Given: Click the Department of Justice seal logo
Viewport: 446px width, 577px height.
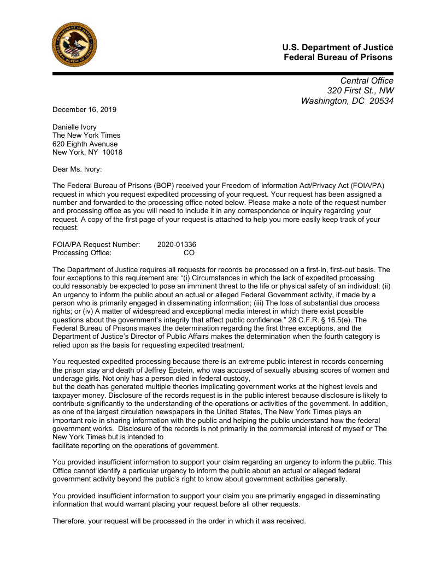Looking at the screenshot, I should click(x=74, y=45).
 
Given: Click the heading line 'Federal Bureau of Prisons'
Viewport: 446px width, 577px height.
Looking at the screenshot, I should click(x=338, y=57).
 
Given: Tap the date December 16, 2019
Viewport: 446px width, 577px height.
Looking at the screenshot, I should click(x=84, y=109).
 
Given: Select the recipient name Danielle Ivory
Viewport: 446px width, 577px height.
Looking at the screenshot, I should click(x=74, y=127).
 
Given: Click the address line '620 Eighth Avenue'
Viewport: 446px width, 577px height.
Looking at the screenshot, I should click(x=85, y=144).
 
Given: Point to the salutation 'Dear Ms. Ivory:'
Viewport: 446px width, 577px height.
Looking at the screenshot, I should click(x=77, y=169).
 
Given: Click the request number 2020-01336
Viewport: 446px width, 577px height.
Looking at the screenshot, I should click(x=177, y=244).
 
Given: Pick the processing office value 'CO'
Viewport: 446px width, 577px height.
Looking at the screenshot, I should click(x=189, y=253).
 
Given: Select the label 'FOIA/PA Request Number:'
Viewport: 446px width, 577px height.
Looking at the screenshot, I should click(x=96, y=244).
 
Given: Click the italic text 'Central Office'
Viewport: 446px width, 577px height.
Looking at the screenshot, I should click(x=367, y=81).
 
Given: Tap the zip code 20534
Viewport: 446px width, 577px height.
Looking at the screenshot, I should click(x=380, y=101).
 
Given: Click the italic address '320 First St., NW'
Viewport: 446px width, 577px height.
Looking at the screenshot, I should click(x=360, y=91).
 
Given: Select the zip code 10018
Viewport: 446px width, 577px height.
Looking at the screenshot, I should click(x=113, y=152).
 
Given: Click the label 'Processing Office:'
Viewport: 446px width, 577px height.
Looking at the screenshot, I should click(x=82, y=253).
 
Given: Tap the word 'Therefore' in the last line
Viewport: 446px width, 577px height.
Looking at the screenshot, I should click(x=68, y=521).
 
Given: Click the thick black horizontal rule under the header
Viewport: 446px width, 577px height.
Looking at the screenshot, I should click(x=223, y=73).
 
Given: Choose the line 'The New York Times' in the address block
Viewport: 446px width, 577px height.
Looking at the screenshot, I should click(x=86, y=135).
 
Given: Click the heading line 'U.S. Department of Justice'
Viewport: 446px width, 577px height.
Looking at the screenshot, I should click(x=338, y=48).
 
